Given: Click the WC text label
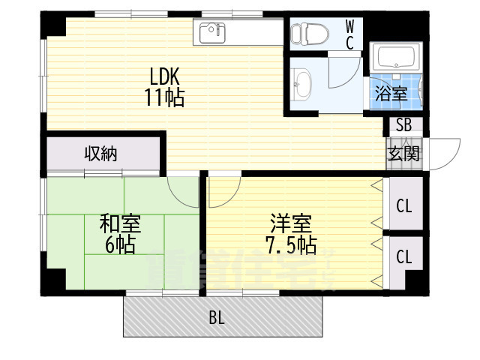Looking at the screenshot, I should coord(350,33).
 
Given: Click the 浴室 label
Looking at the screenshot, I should coord(391,94).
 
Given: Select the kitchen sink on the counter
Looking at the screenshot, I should coord(213,32).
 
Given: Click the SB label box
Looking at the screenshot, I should coord(403,125).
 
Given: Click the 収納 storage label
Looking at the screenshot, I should coord(100,154).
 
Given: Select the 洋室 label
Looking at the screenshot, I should coord(291,223).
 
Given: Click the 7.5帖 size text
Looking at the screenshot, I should coord(291,244).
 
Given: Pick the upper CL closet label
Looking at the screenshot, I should coord(403,205).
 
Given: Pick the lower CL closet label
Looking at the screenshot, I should coord(403,257).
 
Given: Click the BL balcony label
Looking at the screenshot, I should coord(217,318).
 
